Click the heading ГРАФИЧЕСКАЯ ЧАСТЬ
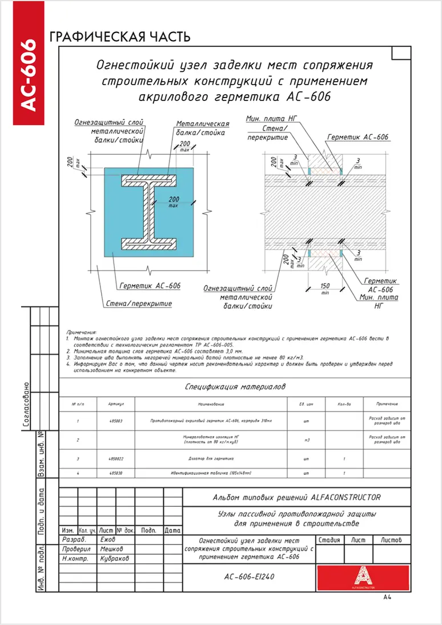[x=120, y=38]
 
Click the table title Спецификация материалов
[x=235, y=387]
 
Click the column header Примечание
[x=387, y=404]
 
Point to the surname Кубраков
[x=114, y=559]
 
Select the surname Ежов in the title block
[x=107, y=539]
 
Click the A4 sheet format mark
[x=387, y=598]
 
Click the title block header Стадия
[x=330, y=539]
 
